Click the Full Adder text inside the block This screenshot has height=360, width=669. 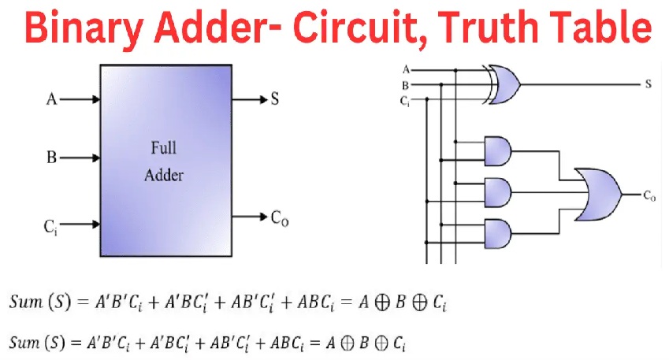pos(163,161)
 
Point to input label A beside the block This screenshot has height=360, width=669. pos(53,99)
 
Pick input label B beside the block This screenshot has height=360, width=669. pos(52,158)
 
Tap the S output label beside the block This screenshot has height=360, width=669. pos(275,99)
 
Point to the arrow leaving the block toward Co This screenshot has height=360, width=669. pos(251,216)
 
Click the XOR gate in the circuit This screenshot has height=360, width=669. pos(502,84)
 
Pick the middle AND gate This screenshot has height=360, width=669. pos(497,191)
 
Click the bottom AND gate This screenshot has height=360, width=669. pos(497,232)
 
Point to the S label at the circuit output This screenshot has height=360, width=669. pos(648,84)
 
